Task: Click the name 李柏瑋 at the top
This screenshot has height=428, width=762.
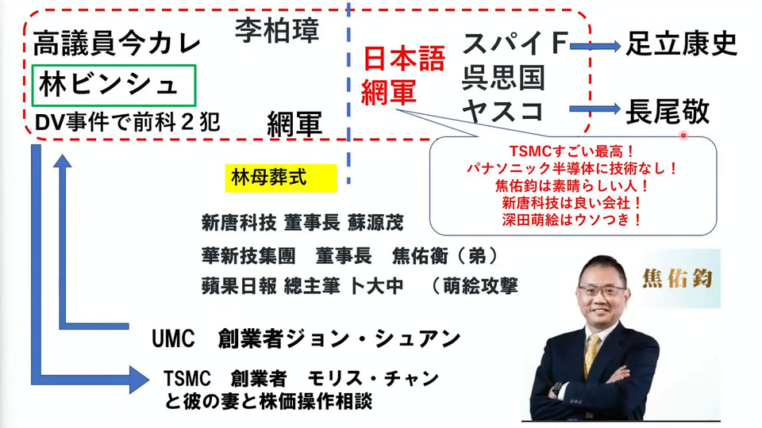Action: click(277, 30)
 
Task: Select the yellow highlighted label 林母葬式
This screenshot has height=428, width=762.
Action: click(280, 178)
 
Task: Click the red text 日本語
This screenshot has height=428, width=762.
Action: click(404, 59)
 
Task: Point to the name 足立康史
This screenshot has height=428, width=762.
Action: click(681, 44)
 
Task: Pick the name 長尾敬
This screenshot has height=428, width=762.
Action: click(668, 112)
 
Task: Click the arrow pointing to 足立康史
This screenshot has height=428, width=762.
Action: click(595, 47)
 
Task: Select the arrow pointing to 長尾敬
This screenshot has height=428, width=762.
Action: click(595, 109)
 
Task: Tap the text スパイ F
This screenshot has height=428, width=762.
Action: click(514, 43)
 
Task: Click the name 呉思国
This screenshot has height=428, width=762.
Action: click(503, 78)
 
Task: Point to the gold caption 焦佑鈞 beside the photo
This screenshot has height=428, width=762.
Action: click(677, 278)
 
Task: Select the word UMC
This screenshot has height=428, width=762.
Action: click(173, 338)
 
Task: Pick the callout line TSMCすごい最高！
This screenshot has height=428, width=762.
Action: click(572, 151)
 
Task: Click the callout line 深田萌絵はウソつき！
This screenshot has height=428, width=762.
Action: click(572, 220)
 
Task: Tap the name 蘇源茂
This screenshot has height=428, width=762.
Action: click(375, 224)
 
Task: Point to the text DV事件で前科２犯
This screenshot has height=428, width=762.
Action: click(128, 122)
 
